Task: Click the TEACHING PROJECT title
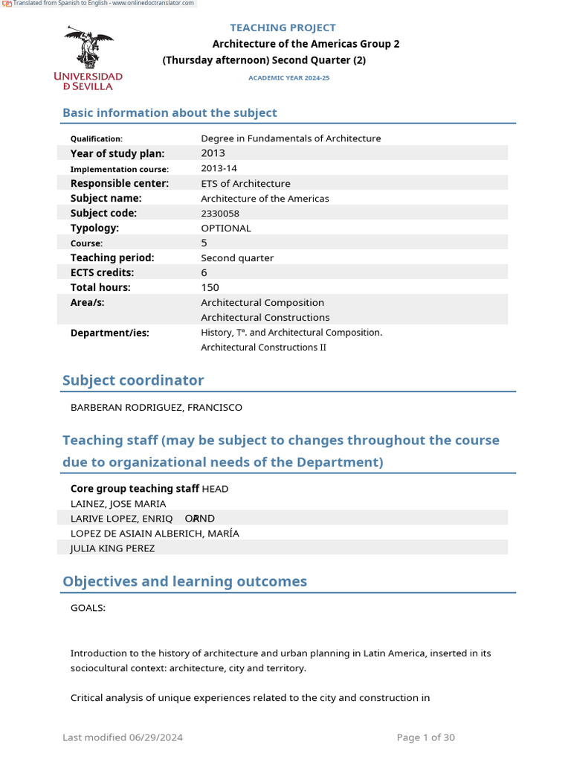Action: coord(283,28)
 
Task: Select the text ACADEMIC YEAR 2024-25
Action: coord(288,78)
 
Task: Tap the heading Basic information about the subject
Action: coord(170,113)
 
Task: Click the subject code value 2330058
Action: coord(220,214)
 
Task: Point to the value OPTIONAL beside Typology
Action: coord(226,228)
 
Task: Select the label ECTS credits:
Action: coord(103,273)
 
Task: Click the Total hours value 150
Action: coord(210,288)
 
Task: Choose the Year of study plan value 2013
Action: coord(213,153)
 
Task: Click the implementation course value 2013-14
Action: coord(219,169)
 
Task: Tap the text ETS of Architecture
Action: coord(245,184)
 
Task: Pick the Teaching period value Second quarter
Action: coord(237,258)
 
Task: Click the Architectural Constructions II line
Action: coord(263,348)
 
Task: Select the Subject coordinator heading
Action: coord(133,380)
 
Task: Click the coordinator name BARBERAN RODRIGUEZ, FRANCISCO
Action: coord(156,408)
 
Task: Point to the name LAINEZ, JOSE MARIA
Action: coord(118,504)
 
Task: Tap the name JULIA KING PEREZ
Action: coord(113,548)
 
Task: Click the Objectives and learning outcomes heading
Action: coord(184,581)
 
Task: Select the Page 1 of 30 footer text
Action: coord(425,737)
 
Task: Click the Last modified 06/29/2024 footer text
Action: coord(123,737)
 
